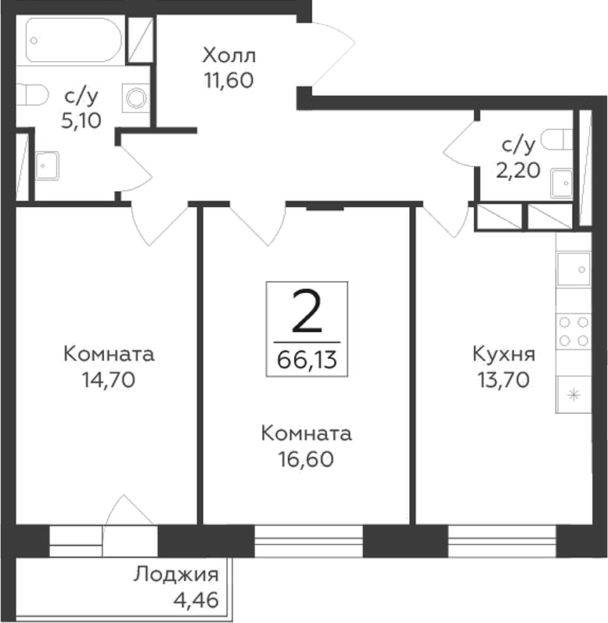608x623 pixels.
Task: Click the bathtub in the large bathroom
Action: tap(74, 40)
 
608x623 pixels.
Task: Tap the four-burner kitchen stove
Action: tap(573, 330)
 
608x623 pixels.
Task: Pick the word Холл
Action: tap(229, 56)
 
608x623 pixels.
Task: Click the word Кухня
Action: tap(503, 355)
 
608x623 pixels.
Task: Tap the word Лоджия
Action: tap(176, 574)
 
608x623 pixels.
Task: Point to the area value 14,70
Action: tap(110, 380)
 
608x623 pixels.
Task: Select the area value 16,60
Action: tap(306, 459)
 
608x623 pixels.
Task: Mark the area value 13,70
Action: tap(503, 380)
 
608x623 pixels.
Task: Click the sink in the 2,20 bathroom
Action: tap(563, 183)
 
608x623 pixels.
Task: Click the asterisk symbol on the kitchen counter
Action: tap(573, 394)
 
